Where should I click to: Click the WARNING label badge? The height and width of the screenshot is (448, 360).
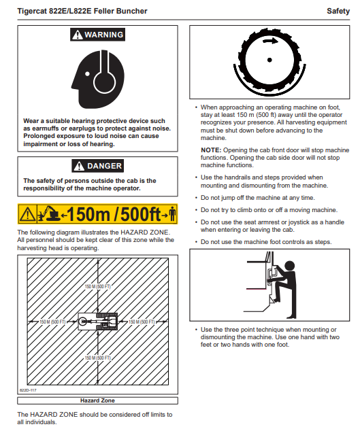97,35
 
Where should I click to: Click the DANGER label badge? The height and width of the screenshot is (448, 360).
97,166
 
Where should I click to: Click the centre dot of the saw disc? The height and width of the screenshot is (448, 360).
269,60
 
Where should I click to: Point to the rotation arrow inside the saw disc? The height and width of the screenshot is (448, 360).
270,41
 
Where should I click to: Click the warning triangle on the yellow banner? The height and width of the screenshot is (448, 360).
27,213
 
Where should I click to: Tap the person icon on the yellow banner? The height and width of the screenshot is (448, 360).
172,213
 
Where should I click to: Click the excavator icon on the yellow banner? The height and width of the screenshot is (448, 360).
49,213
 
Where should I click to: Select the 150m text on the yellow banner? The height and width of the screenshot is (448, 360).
88,214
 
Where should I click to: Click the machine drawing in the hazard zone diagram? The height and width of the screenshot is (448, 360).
98,322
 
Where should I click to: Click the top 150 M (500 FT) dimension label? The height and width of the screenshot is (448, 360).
97,286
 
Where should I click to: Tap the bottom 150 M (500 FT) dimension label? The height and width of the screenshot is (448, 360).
97,358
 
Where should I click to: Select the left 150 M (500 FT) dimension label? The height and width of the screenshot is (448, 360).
52,322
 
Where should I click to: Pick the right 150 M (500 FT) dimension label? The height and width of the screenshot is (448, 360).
142,322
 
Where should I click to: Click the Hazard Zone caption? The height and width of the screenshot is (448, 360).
97,400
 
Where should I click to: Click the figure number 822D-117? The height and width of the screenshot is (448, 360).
28,390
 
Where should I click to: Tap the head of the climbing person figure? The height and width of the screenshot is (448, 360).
289,265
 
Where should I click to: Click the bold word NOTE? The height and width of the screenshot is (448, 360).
211,150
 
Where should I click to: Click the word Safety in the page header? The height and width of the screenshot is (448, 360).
338,11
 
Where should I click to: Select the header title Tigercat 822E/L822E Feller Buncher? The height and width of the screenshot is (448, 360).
82,11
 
